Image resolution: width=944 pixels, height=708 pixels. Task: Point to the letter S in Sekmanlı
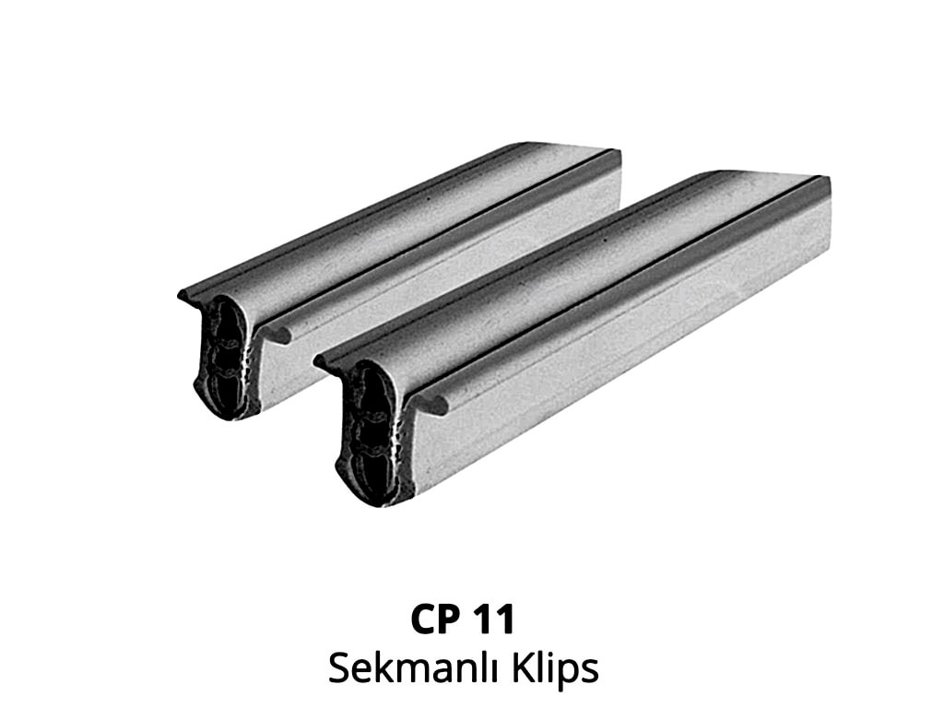tap(339, 667)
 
